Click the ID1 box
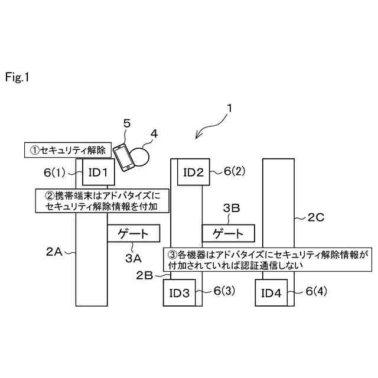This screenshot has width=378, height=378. pos(97,172)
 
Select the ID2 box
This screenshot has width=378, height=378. pos(193,172)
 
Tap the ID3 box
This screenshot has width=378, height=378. pos(180,294)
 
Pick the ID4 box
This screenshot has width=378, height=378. pos(272,294)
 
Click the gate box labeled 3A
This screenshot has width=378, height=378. pos(134,234)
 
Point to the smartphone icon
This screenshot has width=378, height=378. pos(123,157)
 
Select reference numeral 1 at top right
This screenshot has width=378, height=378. pos(230,109)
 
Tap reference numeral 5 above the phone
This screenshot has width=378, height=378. pos(126,123)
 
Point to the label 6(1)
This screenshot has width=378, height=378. pos(56,172)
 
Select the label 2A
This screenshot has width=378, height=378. pos(54,252)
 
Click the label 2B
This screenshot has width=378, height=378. pos(145,275)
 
